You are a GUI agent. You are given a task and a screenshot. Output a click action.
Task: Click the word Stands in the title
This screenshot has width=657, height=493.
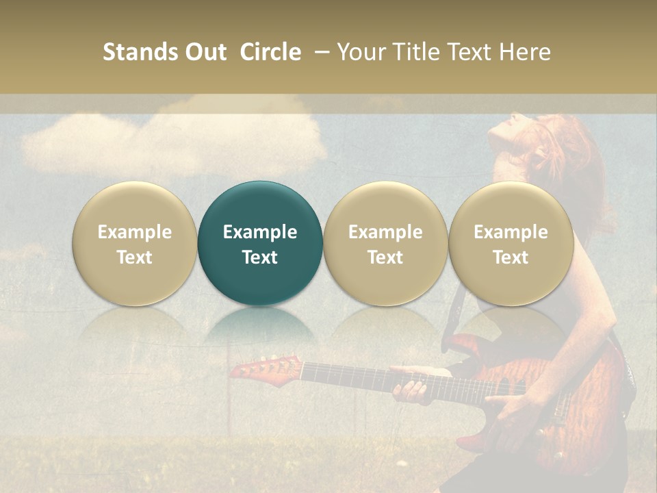[x=140, y=52]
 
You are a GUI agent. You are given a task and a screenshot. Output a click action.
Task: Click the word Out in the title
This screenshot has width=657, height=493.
[x=204, y=52]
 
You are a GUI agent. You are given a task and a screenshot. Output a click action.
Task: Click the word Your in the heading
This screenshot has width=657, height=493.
[x=361, y=52]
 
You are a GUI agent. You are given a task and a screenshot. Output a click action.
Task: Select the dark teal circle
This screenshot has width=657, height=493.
[x=260, y=243]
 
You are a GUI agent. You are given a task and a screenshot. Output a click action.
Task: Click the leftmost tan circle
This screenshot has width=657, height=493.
[x=135, y=243]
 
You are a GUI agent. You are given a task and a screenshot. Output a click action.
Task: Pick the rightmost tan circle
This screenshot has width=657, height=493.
[x=511, y=243]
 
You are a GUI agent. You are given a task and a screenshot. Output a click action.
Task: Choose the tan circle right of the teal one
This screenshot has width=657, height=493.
[x=385, y=243]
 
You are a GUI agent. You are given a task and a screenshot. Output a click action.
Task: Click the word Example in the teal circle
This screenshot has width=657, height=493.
[x=260, y=232]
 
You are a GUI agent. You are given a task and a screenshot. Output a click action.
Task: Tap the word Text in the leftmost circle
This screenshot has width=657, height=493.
[x=135, y=257]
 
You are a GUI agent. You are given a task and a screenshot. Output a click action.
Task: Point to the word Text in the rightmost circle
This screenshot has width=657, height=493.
[x=511, y=257]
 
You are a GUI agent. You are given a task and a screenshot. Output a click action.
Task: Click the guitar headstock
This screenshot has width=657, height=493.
[x=263, y=368]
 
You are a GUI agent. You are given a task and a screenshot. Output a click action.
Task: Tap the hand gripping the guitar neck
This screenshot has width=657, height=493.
[x=411, y=388]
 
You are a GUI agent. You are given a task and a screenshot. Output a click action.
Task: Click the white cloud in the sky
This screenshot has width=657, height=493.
[x=171, y=140]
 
